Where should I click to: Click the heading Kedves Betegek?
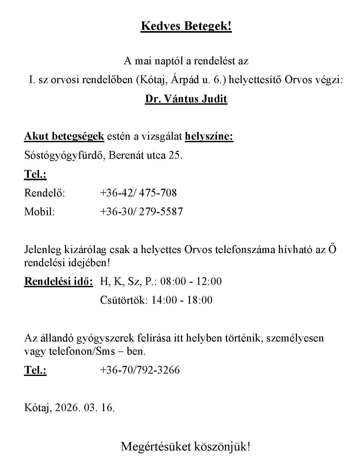click(186, 26)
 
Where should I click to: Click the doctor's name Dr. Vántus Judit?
click(186, 99)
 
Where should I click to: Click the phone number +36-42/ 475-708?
click(138, 193)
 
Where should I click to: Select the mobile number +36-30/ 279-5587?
click(141, 211)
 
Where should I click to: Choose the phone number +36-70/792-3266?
click(140, 370)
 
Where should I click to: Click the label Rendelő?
click(45, 193)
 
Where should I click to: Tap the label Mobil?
click(40, 211)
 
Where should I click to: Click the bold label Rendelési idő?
click(59, 281)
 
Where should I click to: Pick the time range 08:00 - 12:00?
click(191, 281)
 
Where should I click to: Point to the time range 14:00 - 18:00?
click(182, 300)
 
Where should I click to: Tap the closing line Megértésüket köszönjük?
click(185, 447)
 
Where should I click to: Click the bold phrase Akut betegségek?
click(64, 136)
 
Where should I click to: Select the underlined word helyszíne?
click(209, 136)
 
